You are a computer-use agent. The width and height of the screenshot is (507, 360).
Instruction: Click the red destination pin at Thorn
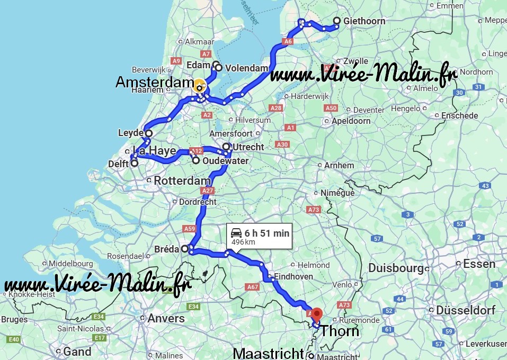pos(316,313)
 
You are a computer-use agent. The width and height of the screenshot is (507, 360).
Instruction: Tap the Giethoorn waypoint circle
pos(337,21)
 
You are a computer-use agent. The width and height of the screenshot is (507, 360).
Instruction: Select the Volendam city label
pos(246,68)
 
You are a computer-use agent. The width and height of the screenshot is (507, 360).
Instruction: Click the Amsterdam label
pos(154,82)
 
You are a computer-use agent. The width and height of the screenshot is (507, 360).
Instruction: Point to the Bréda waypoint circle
pos(185,248)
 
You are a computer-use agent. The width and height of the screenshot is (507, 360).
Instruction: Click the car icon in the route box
pos(236,232)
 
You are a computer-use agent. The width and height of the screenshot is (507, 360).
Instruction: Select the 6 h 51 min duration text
pos(267,232)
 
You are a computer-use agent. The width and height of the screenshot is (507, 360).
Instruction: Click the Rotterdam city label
pos(182,181)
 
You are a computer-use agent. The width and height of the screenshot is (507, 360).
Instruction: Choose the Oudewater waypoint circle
pos(196,160)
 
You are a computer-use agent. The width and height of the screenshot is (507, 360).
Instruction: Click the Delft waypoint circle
pos(135,163)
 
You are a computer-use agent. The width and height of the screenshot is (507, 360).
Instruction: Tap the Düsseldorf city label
pos(466,310)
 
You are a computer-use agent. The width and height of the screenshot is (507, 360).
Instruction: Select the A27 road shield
pos(207,191)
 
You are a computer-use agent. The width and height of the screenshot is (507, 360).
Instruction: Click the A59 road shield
pos(189,229)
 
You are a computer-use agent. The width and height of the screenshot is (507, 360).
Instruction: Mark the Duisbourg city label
pos(396,268)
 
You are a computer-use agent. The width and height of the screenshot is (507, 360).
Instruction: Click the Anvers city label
pos(167,318)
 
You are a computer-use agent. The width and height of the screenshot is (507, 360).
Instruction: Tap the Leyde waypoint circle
pos(149,133)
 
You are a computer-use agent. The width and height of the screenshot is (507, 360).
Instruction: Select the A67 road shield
pos(252,286)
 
